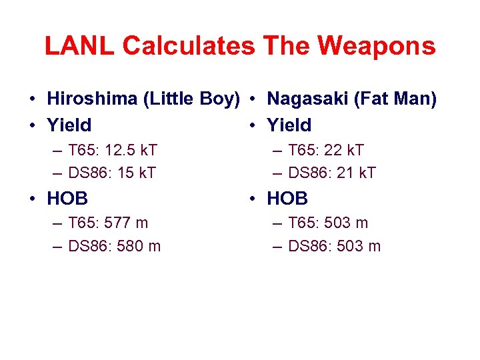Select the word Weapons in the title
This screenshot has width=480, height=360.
coord(377,46)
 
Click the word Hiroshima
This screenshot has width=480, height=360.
coord(93,99)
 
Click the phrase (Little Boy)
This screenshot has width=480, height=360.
coord(191,99)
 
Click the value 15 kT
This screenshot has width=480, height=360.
coord(136,173)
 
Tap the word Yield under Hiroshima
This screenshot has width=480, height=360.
coord(69,125)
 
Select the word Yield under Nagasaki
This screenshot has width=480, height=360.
coord(289,125)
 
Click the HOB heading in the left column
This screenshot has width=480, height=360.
coord(67,198)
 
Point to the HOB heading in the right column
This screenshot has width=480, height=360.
coord(287,198)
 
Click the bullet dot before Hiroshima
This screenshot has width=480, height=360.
coord(33,100)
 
